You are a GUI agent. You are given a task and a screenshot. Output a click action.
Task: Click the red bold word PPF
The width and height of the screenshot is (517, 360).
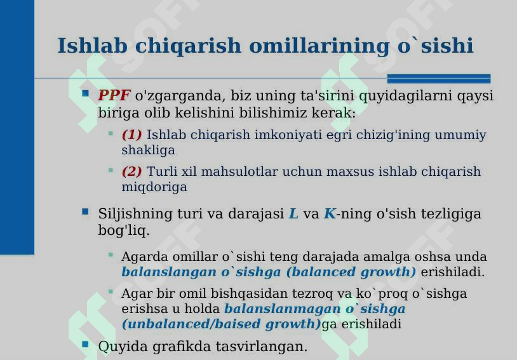[114, 96]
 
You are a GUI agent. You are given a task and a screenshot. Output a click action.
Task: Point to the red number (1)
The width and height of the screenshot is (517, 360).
[132, 135]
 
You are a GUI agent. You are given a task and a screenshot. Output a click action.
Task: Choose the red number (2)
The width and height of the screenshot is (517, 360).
[132, 172]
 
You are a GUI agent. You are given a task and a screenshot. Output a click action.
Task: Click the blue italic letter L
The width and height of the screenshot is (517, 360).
[293, 214]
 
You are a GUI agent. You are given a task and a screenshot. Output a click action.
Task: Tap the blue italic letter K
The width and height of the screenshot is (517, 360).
[329, 214]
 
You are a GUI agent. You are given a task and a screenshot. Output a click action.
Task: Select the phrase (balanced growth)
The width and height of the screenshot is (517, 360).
[351, 272]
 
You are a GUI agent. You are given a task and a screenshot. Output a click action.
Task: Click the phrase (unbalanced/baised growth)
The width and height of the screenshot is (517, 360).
[221, 324]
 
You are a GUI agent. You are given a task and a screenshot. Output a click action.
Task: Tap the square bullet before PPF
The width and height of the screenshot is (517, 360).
[85, 94]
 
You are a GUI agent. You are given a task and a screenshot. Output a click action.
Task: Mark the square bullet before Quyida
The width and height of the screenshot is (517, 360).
[85, 344]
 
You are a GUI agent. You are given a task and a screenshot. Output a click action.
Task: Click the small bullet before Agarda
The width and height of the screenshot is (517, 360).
[111, 255]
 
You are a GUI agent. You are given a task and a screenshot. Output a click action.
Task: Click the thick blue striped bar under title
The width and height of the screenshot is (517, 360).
[439, 79]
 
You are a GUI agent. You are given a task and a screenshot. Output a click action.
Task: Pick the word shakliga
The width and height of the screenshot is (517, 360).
[148, 150]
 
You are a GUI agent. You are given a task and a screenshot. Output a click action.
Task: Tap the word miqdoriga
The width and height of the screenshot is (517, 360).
[154, 187]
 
